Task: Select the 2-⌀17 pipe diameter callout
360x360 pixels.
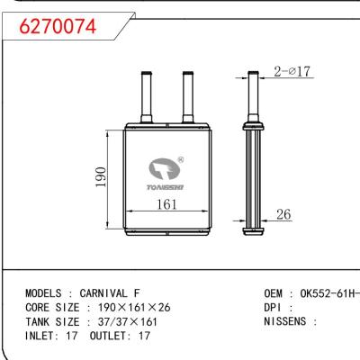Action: point(292,72)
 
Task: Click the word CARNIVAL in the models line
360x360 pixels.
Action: point(104,293)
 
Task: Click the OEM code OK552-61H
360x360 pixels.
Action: point(324,293)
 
